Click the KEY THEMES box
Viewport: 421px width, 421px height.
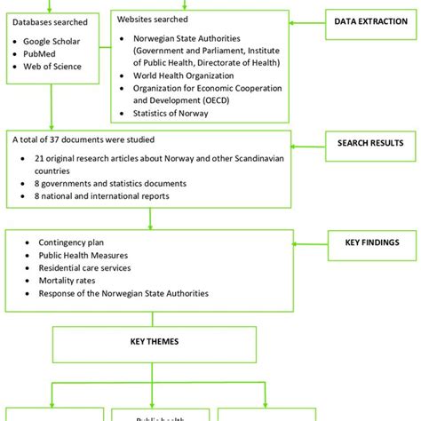149,339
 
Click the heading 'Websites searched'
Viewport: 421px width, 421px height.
158,18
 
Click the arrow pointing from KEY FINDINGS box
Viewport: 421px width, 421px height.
306,242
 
